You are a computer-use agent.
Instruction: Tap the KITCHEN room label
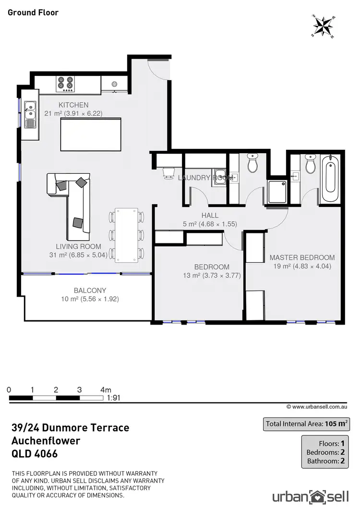73,105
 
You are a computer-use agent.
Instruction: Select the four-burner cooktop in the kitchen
66,84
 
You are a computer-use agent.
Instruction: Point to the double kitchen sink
30,114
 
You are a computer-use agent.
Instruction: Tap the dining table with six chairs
127,235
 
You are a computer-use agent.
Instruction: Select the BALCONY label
90,291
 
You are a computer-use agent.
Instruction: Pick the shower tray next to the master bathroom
278,192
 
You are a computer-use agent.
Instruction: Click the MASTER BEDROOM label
302,257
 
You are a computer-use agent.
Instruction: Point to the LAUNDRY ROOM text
205,178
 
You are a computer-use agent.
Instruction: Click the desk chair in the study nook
168,173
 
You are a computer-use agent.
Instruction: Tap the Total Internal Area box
306,424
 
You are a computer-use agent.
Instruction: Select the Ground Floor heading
33,12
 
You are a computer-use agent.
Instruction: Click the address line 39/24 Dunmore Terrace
70,427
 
